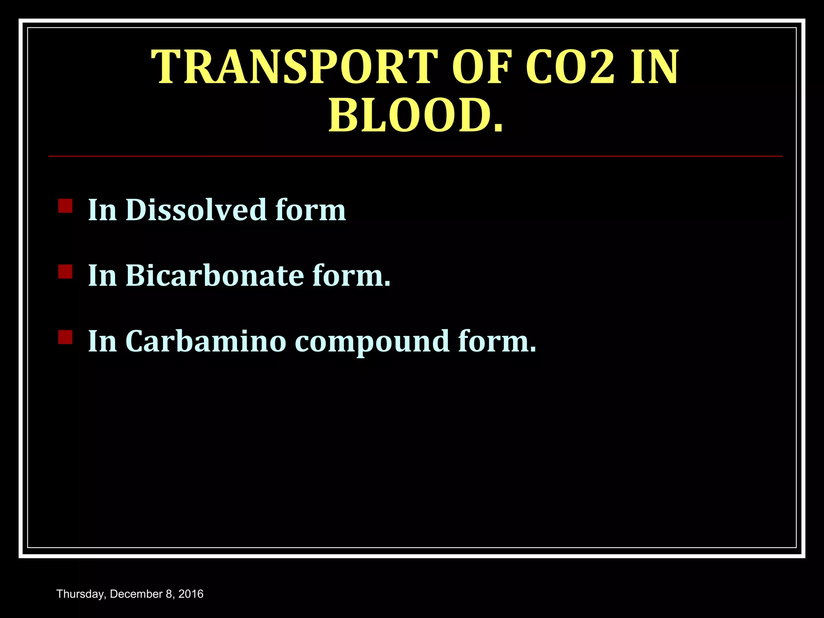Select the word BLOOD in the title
(x=411, y=116)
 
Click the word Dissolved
(x=196, y=210)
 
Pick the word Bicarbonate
(x=215, y=276)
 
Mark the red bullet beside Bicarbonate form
(x=65, y=272)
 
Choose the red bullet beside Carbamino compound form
(x=65, y=337)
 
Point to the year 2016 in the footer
(x=191, y=594)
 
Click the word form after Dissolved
(x=311, y=210)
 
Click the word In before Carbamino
(x=102, y=341)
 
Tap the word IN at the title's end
(x=655, y=67)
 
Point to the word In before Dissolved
(x=102, y=210)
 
